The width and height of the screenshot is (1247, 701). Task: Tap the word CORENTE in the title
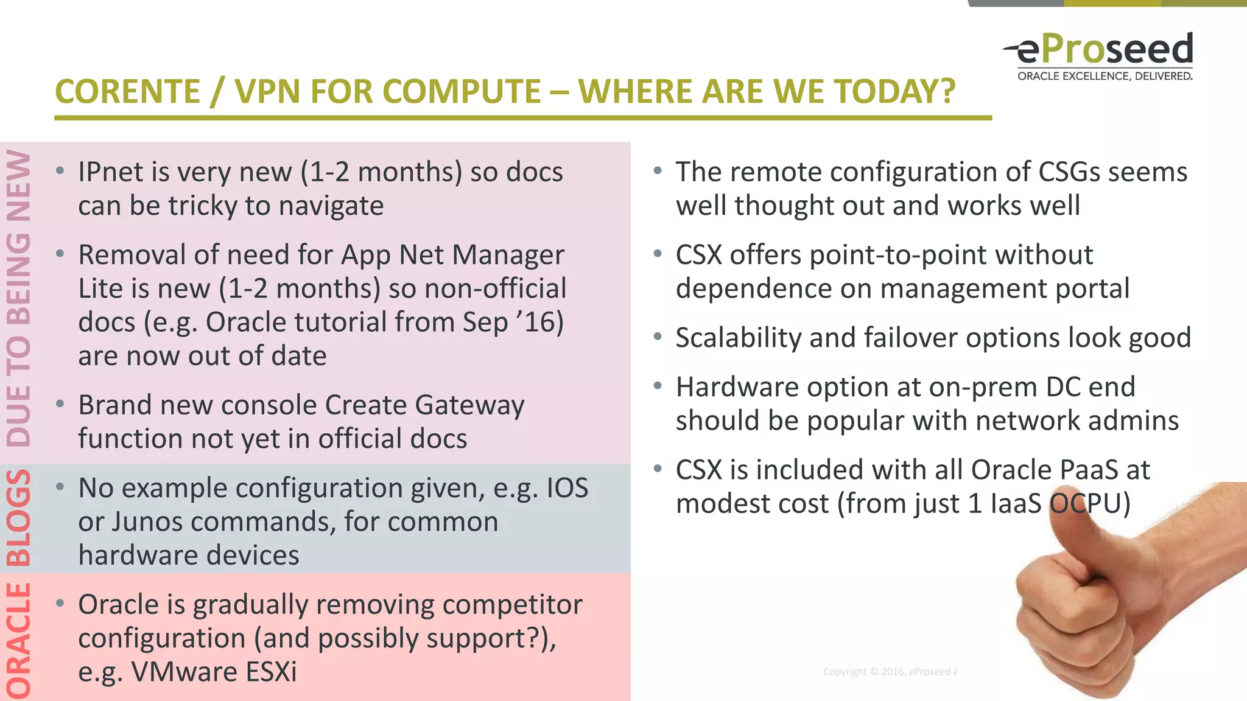pyautogui.click(x=127, y=92)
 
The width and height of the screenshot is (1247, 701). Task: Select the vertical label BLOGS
pyautogui.click(x=19, y=518)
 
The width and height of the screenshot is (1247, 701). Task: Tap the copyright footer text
pyautogui.click(x=890, y=672)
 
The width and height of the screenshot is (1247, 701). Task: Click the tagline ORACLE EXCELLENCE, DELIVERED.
pyautogui.click(x=1105, y=77)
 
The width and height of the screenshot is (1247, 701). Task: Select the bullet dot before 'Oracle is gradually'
pyautogui.click(x=60, y=604)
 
